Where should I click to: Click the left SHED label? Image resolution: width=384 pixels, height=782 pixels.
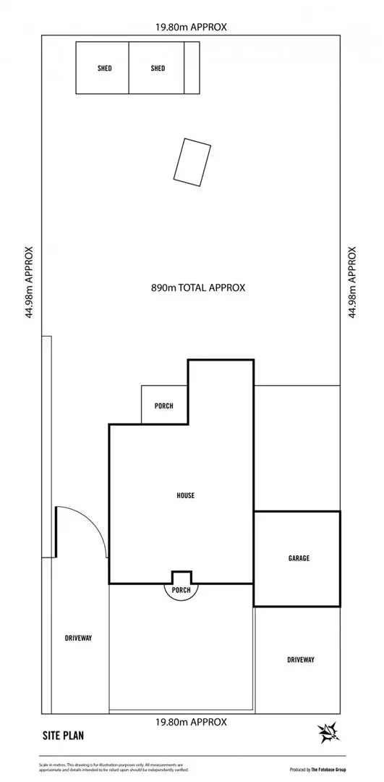(105, 69)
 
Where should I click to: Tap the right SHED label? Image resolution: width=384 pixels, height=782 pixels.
(158, 69)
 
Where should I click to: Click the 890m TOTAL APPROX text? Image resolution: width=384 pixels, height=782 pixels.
(198, 287)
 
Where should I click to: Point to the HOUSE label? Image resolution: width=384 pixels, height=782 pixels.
(186, 495)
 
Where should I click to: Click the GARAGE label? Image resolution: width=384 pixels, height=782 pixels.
(299, 558)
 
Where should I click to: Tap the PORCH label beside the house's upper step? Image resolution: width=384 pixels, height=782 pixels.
(164, 406)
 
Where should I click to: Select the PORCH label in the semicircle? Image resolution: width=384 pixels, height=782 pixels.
(181, 589)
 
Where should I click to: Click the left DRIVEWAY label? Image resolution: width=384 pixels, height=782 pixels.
(78, 638)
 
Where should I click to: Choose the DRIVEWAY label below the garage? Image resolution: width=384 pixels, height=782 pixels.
(300, 660)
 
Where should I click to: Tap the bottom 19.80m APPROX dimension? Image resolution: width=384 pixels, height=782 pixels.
(191, 722)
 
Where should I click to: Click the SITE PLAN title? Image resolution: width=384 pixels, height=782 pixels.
(63, 736)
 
